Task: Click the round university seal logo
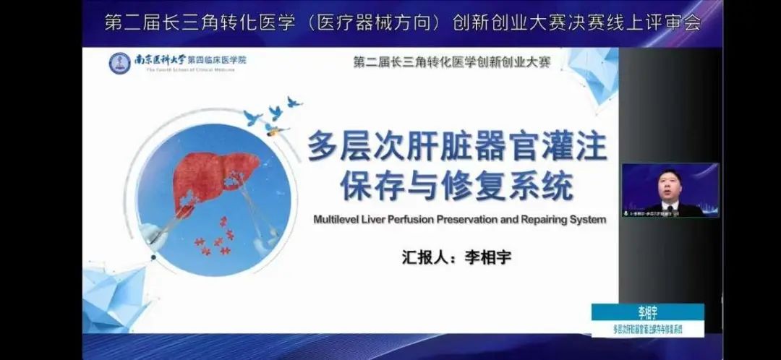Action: [x=120, y=64]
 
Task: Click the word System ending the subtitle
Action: [x=586, y=219]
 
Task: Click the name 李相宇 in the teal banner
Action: [x=648, y=313]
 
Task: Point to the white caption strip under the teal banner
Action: [x=648, y=329]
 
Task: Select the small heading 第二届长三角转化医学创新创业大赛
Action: [x=452, y=62]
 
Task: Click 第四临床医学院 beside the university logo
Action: [x=217, y=59]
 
